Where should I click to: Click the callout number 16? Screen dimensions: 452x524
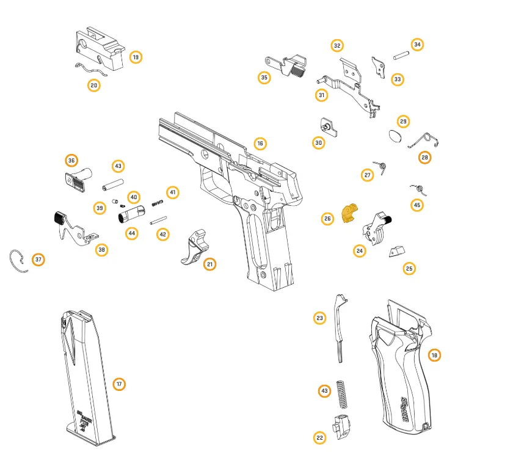[260, 144]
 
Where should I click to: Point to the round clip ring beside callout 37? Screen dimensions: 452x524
[19, 261]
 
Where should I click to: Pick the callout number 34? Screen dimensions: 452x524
[417, 45]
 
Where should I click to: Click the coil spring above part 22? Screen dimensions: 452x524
[342, 395]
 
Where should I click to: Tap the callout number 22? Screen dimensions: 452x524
[319, 437]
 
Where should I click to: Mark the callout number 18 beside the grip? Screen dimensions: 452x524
[434, 355]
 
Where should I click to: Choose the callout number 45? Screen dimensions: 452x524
[417, 205]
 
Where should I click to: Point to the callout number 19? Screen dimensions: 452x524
[135, 57]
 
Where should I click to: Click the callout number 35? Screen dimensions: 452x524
[264, 78]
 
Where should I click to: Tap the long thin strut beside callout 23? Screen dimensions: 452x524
[340, 327]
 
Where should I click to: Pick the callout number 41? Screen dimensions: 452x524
[173, 192]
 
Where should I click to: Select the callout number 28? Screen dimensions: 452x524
[424, 158]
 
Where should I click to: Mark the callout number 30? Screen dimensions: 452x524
[318, 142]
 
